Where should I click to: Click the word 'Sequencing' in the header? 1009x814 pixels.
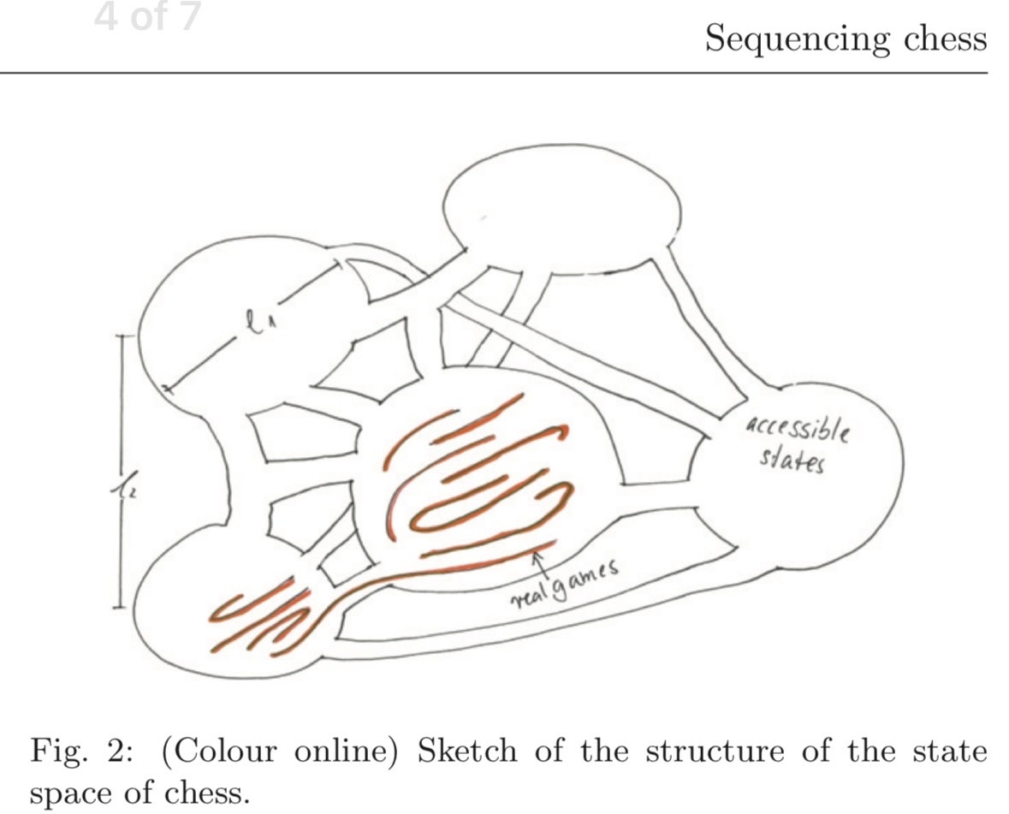(785, 39)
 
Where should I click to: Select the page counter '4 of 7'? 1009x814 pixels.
(147, 18)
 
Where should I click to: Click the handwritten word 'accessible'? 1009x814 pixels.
(797, 427)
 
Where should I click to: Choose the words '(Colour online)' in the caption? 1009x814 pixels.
(276, 752)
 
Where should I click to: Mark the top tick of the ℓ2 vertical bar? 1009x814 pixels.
(121, 335)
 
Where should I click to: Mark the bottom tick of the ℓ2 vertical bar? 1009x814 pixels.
(121, 608)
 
